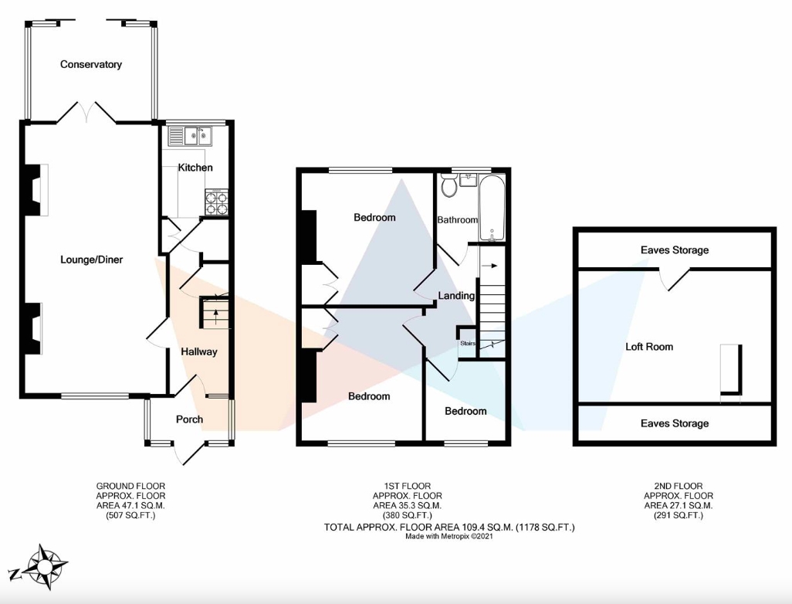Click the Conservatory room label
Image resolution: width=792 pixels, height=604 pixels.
click(91, 64)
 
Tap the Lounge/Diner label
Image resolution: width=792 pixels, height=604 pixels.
click(91, 260)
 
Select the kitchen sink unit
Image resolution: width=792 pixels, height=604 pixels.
click(190, 135)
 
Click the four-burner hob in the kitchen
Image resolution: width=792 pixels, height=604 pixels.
click(217, 202)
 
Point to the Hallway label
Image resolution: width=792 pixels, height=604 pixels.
click(199, 351)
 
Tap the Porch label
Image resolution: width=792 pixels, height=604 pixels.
click(189, 419)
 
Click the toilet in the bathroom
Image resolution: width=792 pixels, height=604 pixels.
click(448, 185)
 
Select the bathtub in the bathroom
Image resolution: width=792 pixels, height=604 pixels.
click(492, 209)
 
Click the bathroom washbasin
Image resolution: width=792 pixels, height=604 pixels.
click(469, 179)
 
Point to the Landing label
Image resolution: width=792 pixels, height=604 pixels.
click(456, 296)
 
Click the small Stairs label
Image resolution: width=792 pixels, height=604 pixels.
click(468, 343)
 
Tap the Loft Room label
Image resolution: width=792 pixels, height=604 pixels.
click(649, 347)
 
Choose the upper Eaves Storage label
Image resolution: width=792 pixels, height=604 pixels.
click(675, 250)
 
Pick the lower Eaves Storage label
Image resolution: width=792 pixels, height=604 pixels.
click(675, 423)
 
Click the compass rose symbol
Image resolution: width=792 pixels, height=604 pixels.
click(46, 567)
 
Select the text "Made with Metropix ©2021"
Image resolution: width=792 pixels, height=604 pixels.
click(449, 536)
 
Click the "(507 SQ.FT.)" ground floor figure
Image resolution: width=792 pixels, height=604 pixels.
click(130, 515)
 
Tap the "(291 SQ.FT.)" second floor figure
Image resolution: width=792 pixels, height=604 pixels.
click(679, 515)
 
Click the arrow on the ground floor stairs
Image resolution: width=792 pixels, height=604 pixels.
click(216, 317)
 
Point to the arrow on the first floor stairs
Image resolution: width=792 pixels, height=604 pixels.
click(490, 266)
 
